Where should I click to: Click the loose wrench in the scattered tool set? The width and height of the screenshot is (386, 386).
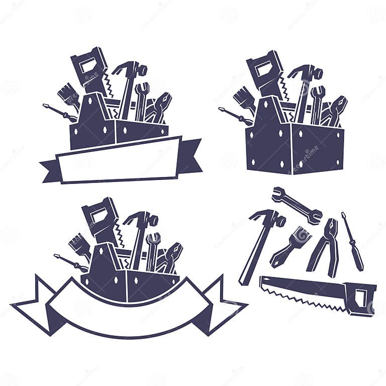(297, 205)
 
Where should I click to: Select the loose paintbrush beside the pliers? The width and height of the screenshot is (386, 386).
(292, 245)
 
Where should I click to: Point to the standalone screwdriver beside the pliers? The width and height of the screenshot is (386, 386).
(352, 240)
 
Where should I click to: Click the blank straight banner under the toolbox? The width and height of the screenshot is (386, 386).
(119, 159)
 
